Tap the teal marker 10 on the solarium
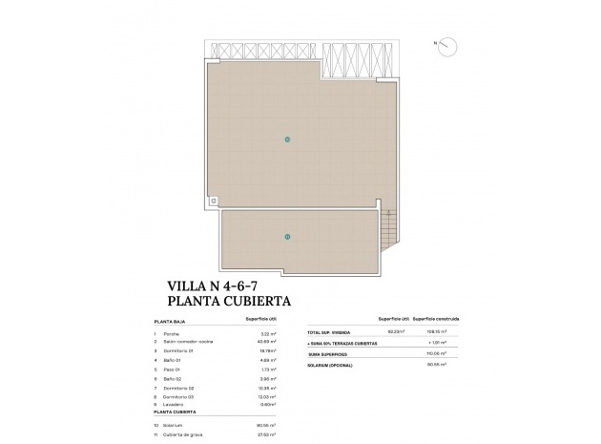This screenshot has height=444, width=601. point(287,139)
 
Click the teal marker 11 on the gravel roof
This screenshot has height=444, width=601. point(287,236)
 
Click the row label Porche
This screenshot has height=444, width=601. point(172,333)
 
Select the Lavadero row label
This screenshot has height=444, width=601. point(174,406)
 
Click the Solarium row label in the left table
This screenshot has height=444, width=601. point(174,425)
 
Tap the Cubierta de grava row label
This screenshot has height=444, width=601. point(183,434)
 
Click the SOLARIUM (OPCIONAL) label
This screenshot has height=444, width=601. point(331,363)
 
